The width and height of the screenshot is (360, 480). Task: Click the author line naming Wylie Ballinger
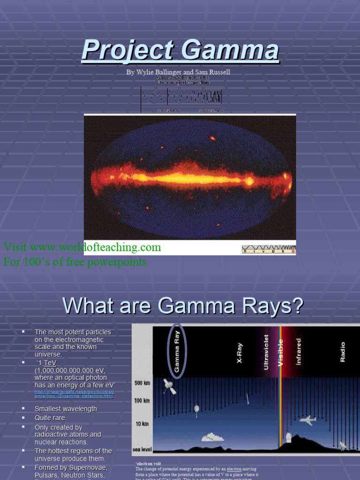178,72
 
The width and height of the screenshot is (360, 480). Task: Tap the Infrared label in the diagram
298,352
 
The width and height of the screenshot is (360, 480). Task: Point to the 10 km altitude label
142,424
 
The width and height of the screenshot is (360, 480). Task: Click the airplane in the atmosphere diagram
307,420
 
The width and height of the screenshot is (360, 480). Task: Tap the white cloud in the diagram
212,437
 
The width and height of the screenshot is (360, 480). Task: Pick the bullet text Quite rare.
51,418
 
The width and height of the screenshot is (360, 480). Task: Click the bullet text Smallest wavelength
66,409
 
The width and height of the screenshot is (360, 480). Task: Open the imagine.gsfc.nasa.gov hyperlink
74,394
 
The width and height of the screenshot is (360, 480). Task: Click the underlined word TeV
50,363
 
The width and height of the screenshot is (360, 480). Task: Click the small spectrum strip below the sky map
269,249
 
